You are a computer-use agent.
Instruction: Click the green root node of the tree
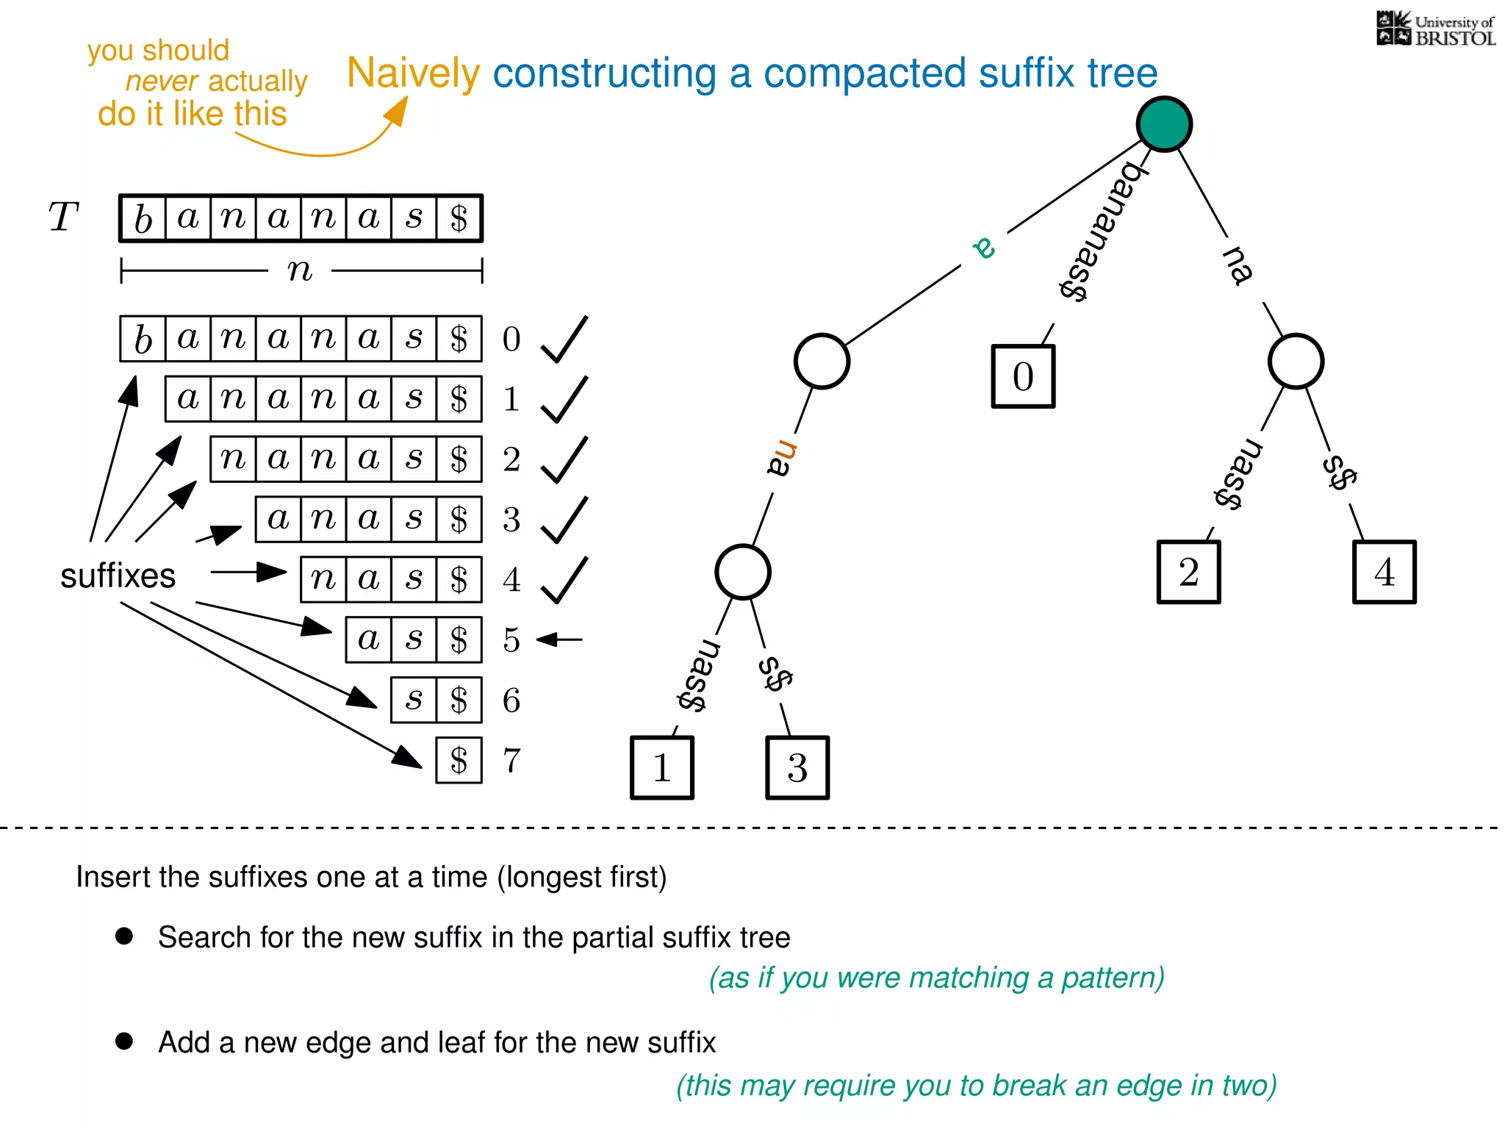pos(1164,124)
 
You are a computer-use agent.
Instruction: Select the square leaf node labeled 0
pos(1023,376)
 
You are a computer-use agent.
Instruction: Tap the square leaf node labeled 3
pos(797,767)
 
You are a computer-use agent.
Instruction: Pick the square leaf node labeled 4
pos(1384,573)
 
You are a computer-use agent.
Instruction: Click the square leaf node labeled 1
pos(662,767)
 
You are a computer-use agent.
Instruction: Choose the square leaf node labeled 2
pos(1188,573)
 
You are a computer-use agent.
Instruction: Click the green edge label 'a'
pos(984,247)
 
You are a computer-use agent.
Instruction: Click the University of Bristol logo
pos(1435,29)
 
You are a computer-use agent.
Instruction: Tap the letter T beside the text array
pos(63,218)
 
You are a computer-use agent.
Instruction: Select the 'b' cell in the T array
pos(143,218)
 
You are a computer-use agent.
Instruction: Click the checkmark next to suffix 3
pos(564,520)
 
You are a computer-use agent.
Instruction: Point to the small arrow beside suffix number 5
pos(559,639)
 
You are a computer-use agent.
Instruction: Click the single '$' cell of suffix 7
pos(459,760)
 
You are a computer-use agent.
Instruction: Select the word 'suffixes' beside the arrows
pos(118,576)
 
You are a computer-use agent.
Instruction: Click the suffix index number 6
pos(511,700)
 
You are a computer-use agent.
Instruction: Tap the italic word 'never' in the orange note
pos(162,81)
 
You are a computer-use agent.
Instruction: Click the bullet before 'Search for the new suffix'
pos(124,936)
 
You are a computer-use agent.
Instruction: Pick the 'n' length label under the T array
pos(300,270)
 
